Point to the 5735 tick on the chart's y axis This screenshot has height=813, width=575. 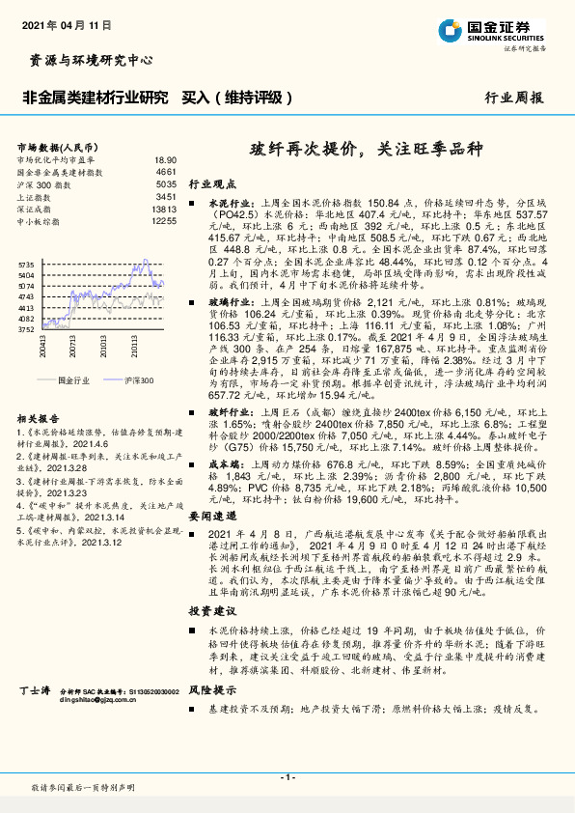point(26,263)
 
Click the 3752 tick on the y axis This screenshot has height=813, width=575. point(26,329)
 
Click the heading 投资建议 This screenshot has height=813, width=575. point(211,612)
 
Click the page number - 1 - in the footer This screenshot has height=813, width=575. point(287,777)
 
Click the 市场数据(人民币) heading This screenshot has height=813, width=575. point(53,146)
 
